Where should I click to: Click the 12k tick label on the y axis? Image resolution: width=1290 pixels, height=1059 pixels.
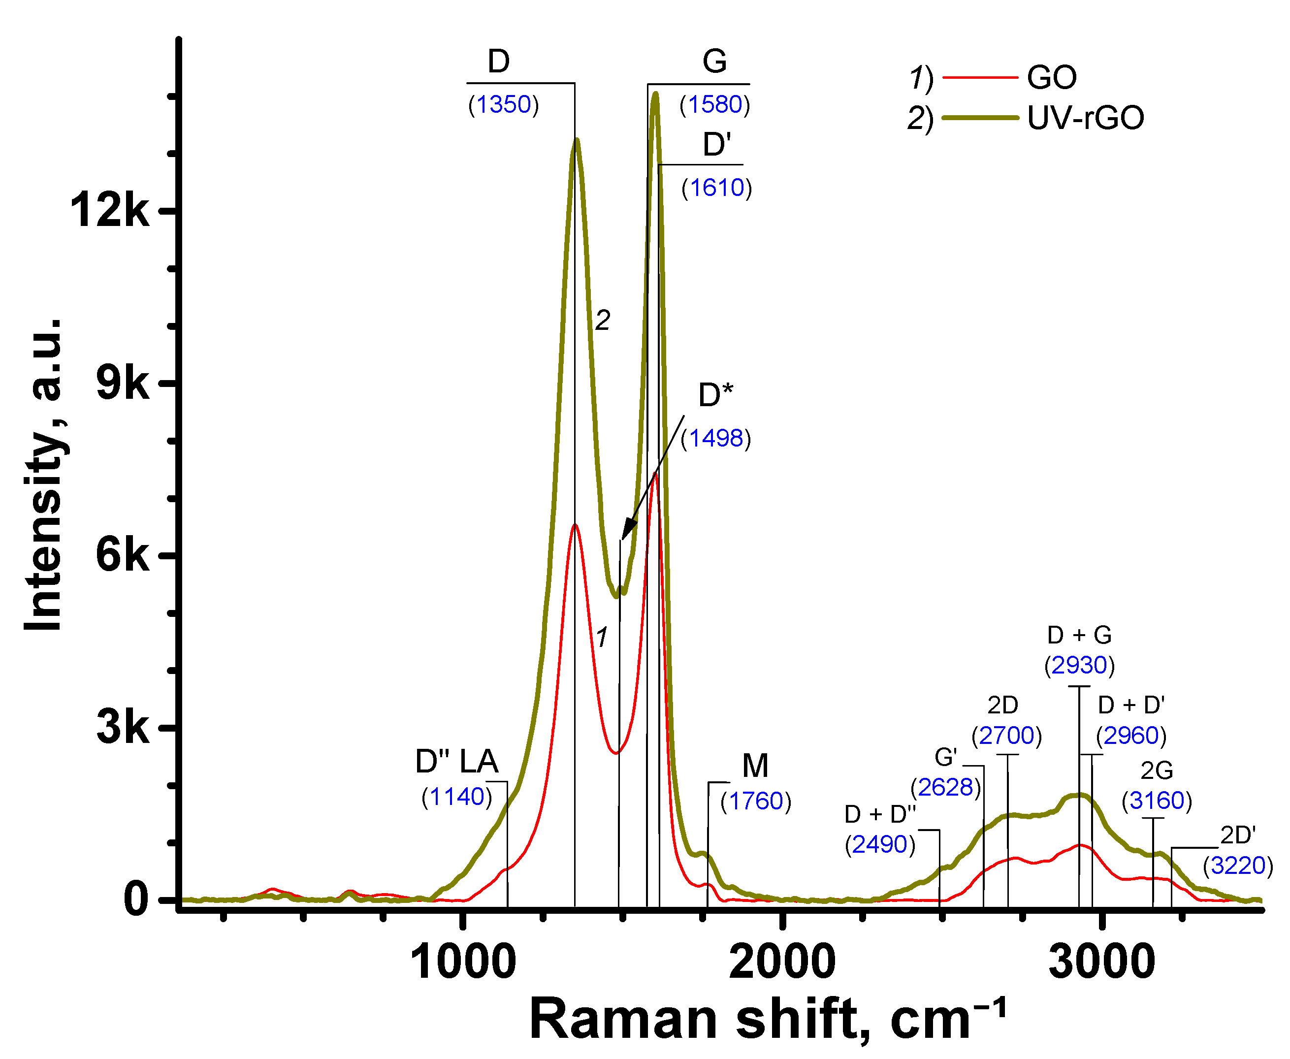pos(110,210)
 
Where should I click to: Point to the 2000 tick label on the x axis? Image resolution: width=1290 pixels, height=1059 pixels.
pos(782,962)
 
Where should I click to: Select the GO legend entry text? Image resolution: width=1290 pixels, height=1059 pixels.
pos(1052,77)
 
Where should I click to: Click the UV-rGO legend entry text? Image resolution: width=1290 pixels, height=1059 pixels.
pos(1085,118)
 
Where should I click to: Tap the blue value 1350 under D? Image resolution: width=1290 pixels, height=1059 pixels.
pos(503,104)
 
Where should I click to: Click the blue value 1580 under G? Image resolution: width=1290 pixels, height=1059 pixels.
pos(714,104)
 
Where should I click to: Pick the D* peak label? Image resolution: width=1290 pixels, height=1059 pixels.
pos(715,395)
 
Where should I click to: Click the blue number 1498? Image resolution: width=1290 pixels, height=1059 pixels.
pos(715,438)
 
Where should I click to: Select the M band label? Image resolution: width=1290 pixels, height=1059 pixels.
pos(755,766)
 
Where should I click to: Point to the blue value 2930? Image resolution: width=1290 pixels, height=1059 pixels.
pos(1079,665)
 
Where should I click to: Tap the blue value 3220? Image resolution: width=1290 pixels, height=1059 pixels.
pos(1237,866)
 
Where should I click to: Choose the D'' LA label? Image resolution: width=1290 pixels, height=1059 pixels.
pos(457,761)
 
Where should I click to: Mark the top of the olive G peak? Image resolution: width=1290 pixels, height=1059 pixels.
pos(656,94)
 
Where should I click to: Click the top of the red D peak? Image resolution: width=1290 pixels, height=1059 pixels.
pos(575,525)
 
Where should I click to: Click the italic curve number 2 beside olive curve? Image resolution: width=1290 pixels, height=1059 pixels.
pos(603,321)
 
